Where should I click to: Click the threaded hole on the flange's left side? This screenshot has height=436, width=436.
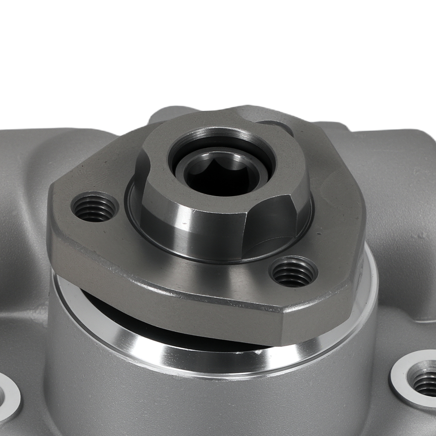95,207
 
